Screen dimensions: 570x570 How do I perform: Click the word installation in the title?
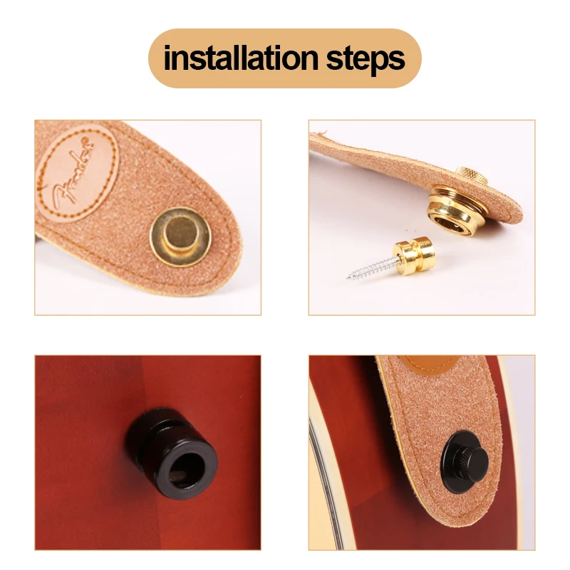coord(242,58)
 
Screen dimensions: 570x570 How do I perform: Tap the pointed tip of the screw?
coord(349,277)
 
